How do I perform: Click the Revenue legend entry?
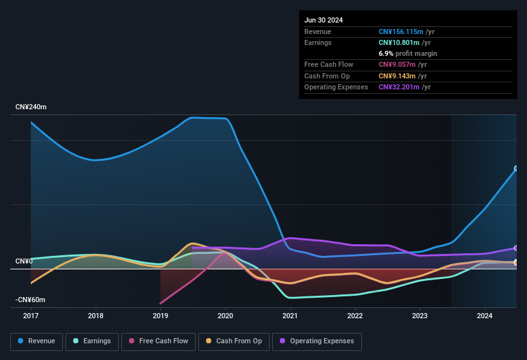pyautogui.click(x=37, y=341)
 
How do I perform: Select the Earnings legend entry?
pyautogui.click(x=92, y=341)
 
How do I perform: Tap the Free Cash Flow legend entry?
pyautogui.click(x=158, y=341)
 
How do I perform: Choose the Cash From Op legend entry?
pyautogui.click(x=233, y=341)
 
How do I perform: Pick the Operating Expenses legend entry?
pyautogui.click(x=316, y=341)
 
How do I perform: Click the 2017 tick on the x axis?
pyautogui.click(x=30, y=316)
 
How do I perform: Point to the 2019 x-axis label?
pyautogui.click(x=160, y=316)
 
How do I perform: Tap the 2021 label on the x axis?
pyautogui.click(x=290, y=316)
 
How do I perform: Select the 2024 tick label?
pyautogui.click(x=485, y=316)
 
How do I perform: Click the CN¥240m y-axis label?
pyautogui.click(x=31, y=107)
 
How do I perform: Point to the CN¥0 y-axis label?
pyautogui.click(x=24, y=262)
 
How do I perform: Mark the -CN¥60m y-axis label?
pyautogui.click(x=31, y=300)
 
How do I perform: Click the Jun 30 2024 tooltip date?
pyautogui.click(x=324, y=20)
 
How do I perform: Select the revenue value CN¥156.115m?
pyautogui.click(x=401, y=32)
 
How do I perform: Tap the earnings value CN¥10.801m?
pyautogui.click(x=398, y=42)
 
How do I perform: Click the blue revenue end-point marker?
pyautogui.click(x=516, y=169)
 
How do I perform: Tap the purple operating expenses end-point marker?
pyautogui.click(x=516, y=248)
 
